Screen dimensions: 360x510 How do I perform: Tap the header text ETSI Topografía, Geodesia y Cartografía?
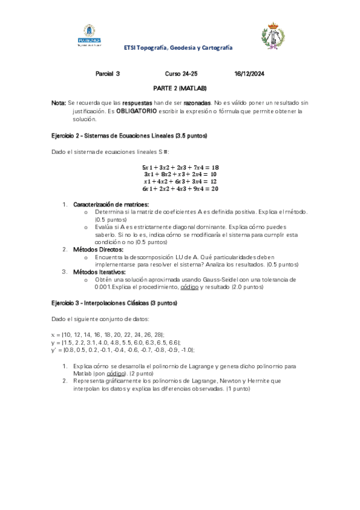pyautogui.click(x=178, y=47)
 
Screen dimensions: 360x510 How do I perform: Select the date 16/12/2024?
pyautogui.click(x=249, y=73)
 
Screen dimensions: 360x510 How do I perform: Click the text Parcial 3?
pyautogui.click(x=108, y=73)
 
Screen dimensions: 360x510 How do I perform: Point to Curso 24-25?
pyautogui.click(x=181, y=73)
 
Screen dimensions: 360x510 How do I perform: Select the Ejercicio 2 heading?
pyautogui.click(x=129, y=136)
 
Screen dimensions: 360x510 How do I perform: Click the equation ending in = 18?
pyautogui.click(x=180, y=167)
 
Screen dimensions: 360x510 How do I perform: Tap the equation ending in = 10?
pyautogui.click(x=180, y=174)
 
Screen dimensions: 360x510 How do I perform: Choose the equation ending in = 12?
pyautogui.click(x=180, y=181)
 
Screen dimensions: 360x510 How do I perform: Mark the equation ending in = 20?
pyautogui.click(x=180, y=188)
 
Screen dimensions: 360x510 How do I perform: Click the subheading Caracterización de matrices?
pyautogui.click(x=111, y=205)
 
